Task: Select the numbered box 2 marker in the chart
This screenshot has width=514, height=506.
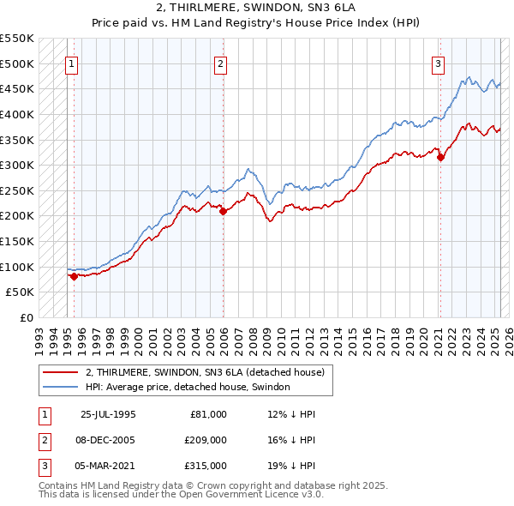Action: (x=220, y=63)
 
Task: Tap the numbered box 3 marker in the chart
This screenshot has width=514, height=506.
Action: (x=438, y=63)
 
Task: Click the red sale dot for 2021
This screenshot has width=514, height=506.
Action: (x=440, y=157)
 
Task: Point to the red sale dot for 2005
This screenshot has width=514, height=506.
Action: (x=223, y=211)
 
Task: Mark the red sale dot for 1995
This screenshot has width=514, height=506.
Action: (x=74, y=276)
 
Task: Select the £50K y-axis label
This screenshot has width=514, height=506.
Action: (x=20, y=292)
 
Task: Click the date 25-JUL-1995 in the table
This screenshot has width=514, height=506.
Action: (x=108, y=414)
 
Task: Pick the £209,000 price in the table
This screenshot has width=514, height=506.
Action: (x=206, y=440)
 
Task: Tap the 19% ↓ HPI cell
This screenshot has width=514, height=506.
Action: (x=291, y=466)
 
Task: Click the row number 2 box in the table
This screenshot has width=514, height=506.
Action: (x=43, y=440)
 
